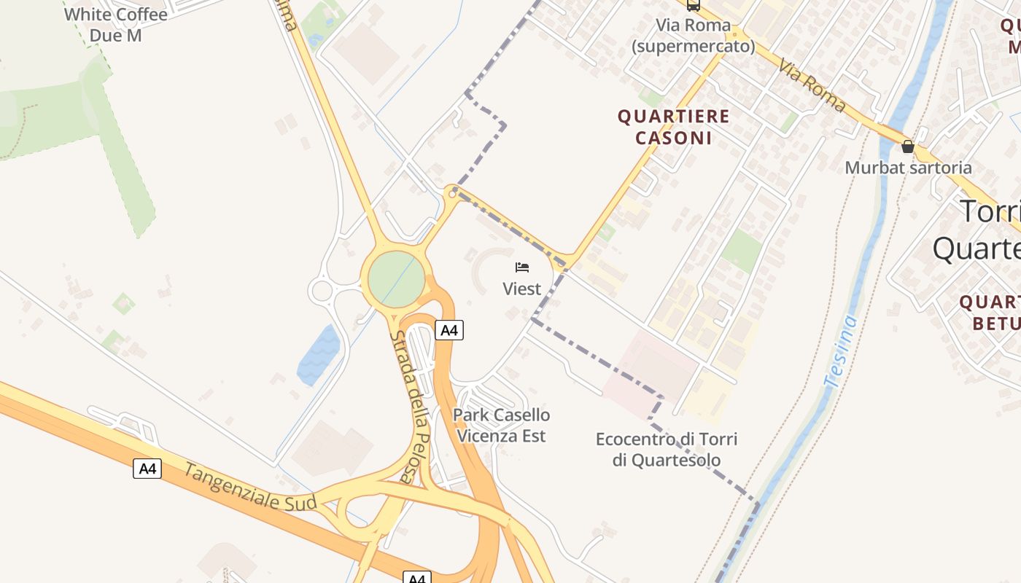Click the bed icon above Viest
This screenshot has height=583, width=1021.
pyautogui.click(x=522, y=267)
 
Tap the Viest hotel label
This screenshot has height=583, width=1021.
pyautogui.click(x=522, y=289)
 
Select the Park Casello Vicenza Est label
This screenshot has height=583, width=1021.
pyautogui.click(x=502, y=426)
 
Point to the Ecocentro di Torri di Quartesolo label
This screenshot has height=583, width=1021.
pyautogui.click(x=667, y=450)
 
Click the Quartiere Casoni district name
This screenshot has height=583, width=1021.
pyautogui.click(x=673, y=127)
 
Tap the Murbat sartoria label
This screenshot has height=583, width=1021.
pyautogui.click(x=908, y=168)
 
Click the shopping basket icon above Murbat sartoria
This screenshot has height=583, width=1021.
pyautogui.click(x=908, y=146)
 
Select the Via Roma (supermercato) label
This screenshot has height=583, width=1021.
pyautogui.click(x=693, y=36)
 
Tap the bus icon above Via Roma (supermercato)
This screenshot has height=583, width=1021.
pyautogui.click(x=693, y=5)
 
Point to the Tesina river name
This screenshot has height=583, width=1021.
pyautogui.click(x=839, y=351)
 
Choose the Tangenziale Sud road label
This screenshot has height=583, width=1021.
pyautogui.click(x=249, y=487)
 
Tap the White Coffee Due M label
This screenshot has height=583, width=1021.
pyautogui.click(x=115, y=24)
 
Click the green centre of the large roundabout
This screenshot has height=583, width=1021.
pyautogui.click(x=396, y=279)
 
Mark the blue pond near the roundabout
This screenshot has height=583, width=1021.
pyautogui.click(x=319, y=355)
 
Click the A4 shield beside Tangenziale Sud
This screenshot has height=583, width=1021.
pyautogui.click(x=147, y=469)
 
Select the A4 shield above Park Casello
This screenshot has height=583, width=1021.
pyautogui.click(x=449, y=330)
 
